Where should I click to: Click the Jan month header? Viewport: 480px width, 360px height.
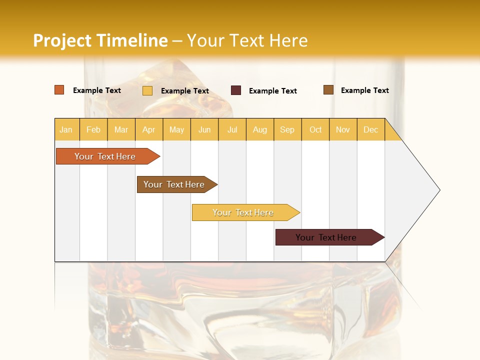coord(66,129)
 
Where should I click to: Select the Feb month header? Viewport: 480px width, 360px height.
coord(93,129)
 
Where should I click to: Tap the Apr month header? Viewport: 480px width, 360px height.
coord(149,129)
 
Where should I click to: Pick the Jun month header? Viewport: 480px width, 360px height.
coord(204,129)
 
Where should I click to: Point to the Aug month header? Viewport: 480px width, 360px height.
coord(260,129)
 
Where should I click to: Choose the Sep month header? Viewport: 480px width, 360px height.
coord(287,129)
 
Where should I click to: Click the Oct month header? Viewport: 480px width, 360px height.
coord(315,129)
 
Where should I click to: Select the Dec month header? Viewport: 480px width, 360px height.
coord(371,129)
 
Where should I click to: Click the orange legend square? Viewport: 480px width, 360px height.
coord(59,90)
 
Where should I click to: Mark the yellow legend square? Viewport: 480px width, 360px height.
coord(147,90)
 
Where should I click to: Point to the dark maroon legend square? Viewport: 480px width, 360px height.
coord(236,90)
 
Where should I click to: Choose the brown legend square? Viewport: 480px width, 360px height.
coord(328,90)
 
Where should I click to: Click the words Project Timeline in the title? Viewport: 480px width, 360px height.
coord(100,40)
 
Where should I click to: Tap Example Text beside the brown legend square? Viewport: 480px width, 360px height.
coord(364,90)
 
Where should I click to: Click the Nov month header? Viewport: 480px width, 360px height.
coord(343,129)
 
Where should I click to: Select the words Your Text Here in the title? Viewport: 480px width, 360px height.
coord(247,40)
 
